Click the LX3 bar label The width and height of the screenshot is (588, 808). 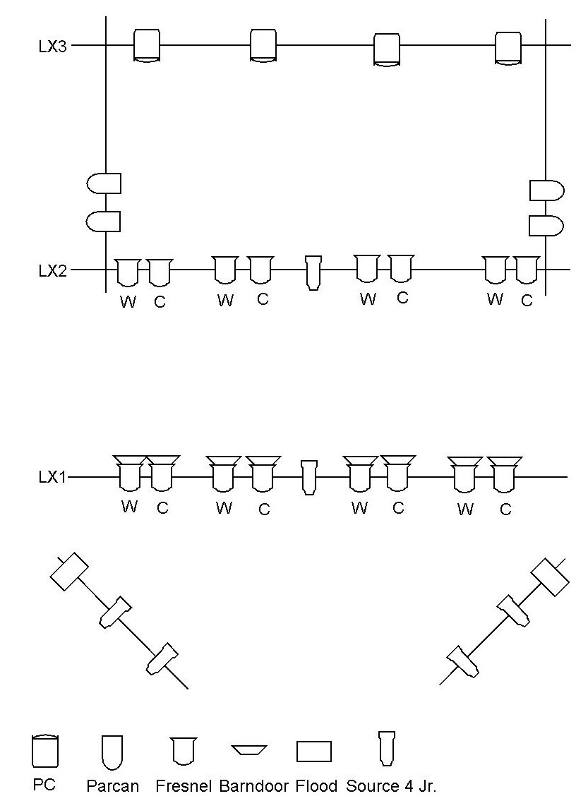[53, 47]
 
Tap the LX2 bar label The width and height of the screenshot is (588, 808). [53, 270]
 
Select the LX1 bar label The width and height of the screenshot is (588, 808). [53, 478]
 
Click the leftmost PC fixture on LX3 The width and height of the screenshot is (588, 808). [147, 46]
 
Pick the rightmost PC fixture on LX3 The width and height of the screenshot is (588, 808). [508, 48]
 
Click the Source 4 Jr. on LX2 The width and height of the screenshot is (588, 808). [313, 272]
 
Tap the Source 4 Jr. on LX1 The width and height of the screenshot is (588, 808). [308, 477]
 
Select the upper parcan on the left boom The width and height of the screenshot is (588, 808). [104, 183]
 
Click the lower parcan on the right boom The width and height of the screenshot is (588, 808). [546, 226]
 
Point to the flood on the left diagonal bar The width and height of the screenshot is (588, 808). [69, 572]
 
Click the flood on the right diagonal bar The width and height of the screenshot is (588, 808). [550, 577]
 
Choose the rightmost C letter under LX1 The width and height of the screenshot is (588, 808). [505, 510]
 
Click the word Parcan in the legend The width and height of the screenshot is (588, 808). [113, 785]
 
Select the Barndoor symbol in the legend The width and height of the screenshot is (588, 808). [250, 750]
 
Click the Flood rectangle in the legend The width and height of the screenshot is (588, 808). [313, 752]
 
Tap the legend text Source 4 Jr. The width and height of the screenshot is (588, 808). [391, 785]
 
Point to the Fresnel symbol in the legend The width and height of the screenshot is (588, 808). [184, 751]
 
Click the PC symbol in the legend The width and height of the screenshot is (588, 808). [44, 751]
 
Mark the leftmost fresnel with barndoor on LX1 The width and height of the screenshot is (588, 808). [130, 473]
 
